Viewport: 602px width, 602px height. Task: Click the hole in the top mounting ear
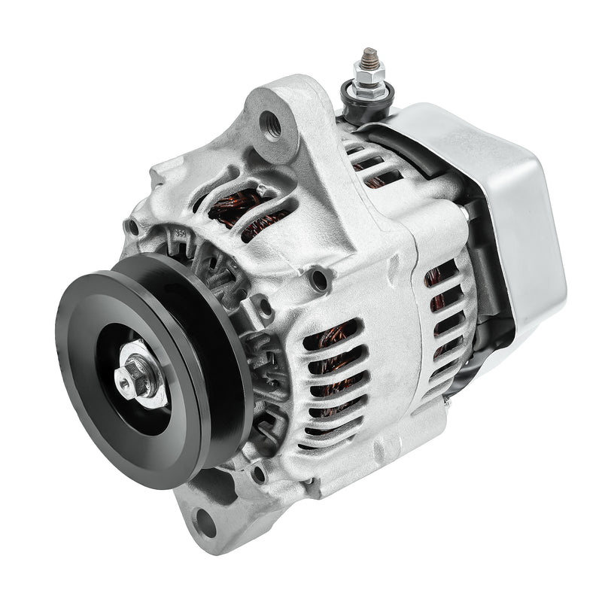point(272,123)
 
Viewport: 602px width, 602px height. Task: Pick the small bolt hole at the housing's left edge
point(133,227)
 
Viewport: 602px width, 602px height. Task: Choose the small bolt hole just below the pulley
point(258,475)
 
